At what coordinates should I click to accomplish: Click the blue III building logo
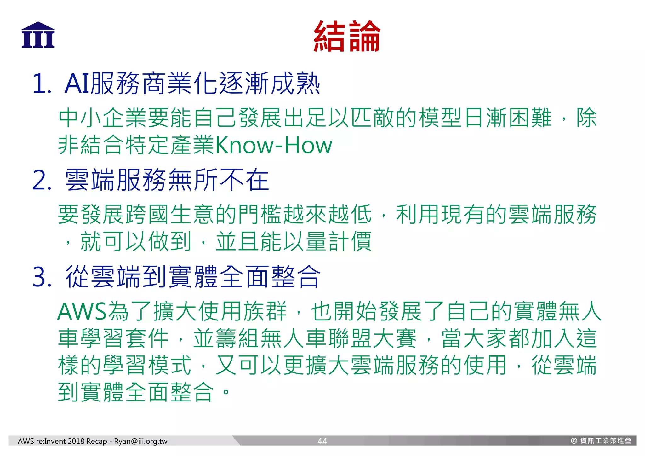[x=38, y=35]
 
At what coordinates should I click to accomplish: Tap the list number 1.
[x=41, y=84]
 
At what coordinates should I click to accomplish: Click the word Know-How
[x=273, y=145]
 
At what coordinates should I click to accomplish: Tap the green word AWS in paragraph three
[x=82, y=312]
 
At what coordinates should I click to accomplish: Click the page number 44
[x=322, y=441]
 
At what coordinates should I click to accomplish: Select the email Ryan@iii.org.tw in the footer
[x=140, y=441]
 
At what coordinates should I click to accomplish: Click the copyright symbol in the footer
[x=574, y=441]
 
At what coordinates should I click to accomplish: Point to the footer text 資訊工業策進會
[x=606, y=441]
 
